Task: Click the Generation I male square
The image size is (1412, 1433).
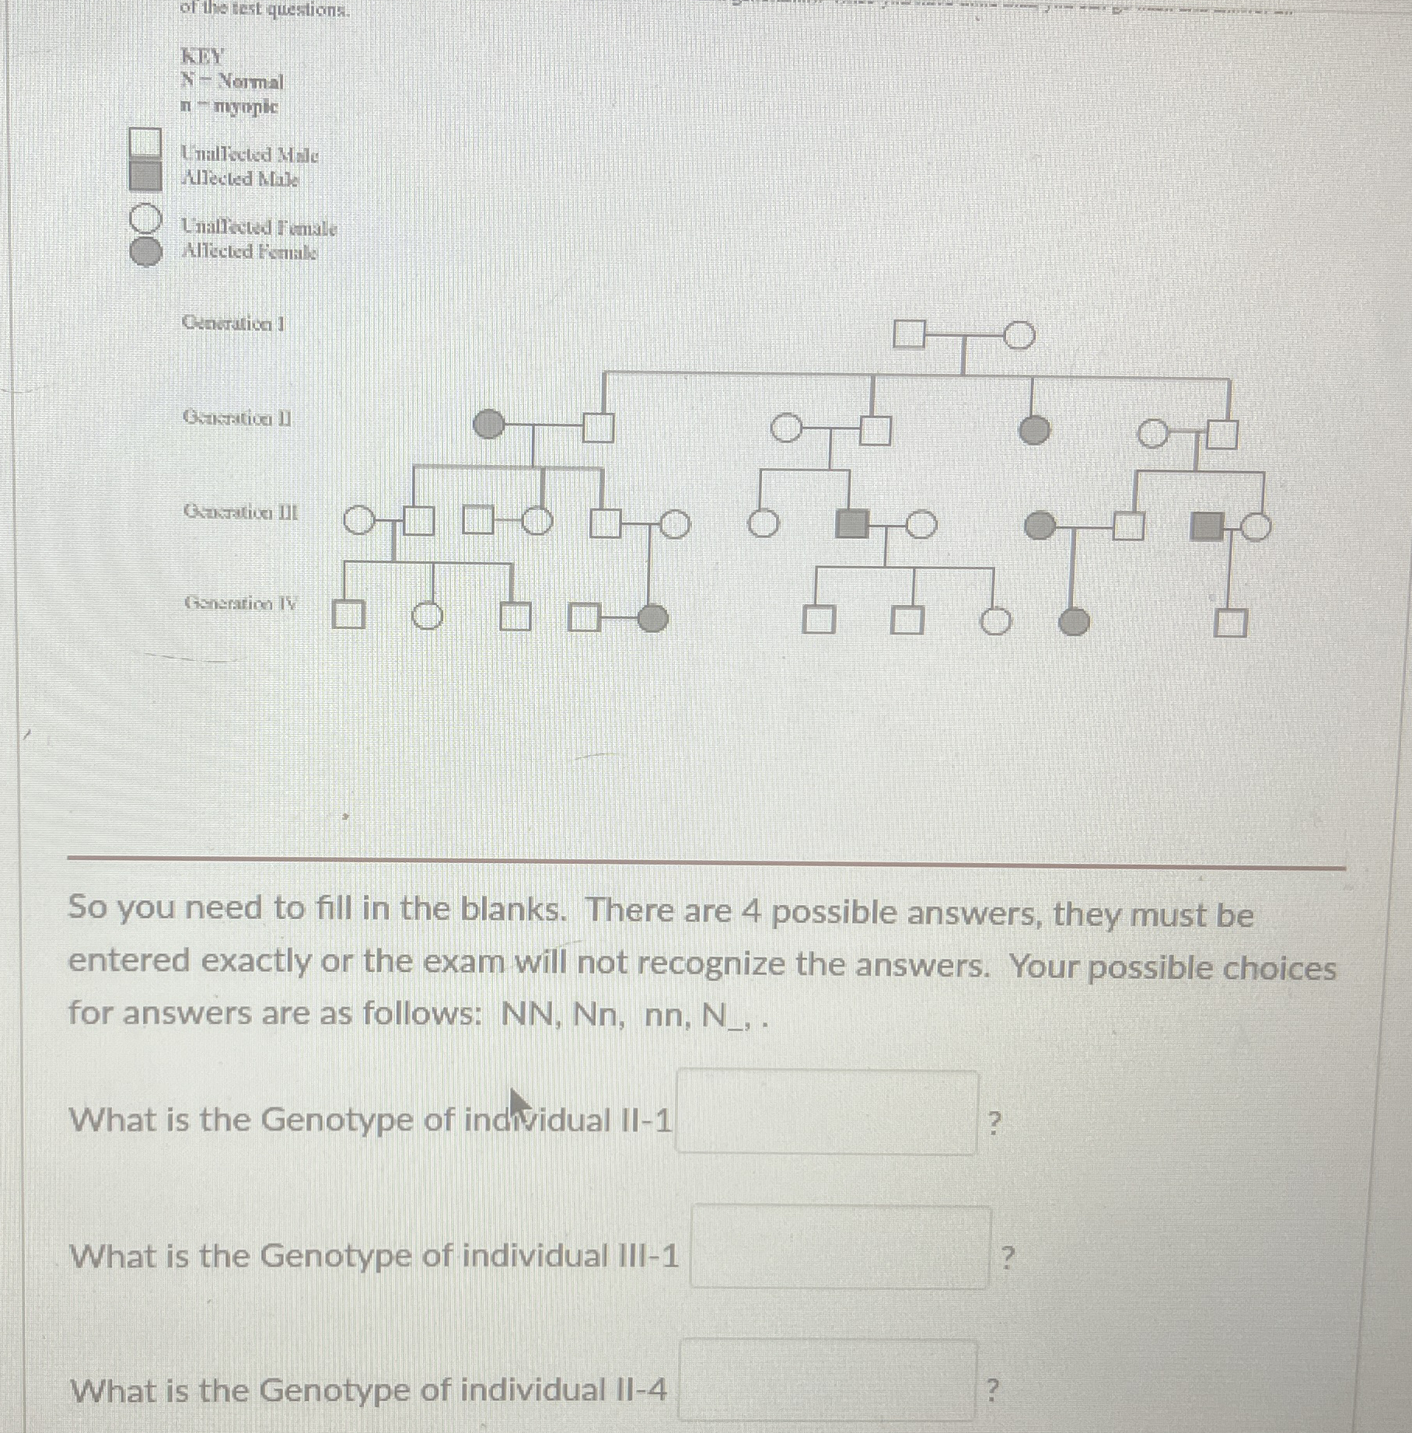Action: (909, 334)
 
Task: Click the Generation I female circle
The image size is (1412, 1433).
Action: (1019, 336)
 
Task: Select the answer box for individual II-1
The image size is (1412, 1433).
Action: (827, 1113)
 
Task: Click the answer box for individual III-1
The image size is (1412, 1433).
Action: (840, 1246)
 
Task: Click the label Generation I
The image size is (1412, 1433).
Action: (233, 323)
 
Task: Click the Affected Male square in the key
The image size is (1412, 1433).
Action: (145, 176)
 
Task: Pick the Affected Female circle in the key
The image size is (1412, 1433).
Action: (145, 252)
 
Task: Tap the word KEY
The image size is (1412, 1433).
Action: (201, 57)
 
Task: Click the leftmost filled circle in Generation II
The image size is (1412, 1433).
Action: (489, 425)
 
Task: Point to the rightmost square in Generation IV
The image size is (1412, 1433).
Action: (1231, 623)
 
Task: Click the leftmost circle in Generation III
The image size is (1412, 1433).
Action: (358, 522)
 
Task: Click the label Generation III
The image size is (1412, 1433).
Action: (240, 512)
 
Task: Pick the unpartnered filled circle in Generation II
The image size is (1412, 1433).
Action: (1033, 429)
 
